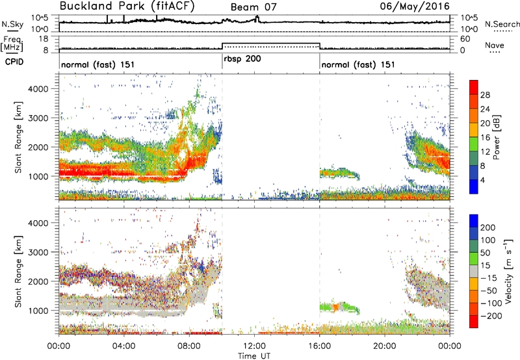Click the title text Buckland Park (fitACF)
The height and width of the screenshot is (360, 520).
point(127,6)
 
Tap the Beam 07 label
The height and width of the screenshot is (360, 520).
point(253,7)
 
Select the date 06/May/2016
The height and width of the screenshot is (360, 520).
point(415,6)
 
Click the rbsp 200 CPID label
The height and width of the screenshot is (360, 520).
point(242,58)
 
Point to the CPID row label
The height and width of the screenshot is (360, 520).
point(14,61)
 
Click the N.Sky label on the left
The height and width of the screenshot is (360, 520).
point(12,24)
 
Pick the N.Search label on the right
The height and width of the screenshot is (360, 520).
point(502,24)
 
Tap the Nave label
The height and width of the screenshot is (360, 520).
point(495,45)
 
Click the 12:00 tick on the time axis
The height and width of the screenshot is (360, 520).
point(254,346)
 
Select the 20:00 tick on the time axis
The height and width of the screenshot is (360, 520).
point(385,346)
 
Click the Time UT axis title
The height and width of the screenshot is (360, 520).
point(254,355)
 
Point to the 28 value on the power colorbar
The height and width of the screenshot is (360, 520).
point(485,95)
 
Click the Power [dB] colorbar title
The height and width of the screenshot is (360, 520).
point(496,137)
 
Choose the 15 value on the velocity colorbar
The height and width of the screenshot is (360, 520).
point(485,265)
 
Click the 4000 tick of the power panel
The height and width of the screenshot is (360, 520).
point(38,89)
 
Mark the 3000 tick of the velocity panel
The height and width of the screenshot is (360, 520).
point(38,252)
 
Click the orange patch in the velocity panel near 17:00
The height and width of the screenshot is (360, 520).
point(335,307)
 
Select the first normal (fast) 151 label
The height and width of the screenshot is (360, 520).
point(98,64)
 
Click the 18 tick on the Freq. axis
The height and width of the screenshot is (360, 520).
point(44,39)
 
